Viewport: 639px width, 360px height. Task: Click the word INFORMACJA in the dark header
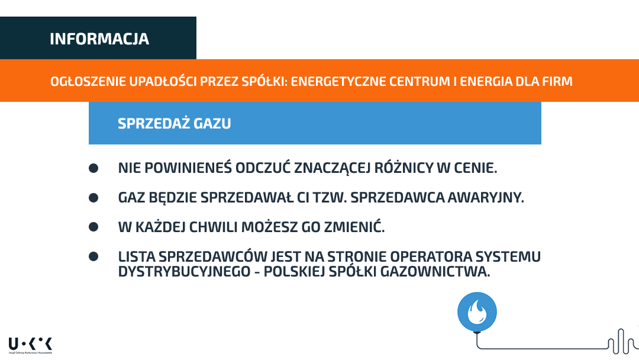(x=99, y=38)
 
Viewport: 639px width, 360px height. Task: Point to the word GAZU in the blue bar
(x=212, y=124)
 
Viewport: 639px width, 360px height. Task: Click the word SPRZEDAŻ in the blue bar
(x=154, y=123)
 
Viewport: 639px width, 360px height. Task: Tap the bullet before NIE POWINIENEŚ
(x=93, y=168)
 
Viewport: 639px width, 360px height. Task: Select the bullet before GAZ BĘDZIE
(x=93, y=198)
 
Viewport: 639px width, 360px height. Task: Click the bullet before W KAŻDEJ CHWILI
(x=93, y=227)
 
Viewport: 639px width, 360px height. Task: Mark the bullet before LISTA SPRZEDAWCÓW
(x=93, y=256)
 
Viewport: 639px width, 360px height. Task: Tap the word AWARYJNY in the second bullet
(x=486, y=198)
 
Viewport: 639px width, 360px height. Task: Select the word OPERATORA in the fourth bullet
(x=431, y=257)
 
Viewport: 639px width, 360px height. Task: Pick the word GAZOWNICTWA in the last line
(x=435, y=272)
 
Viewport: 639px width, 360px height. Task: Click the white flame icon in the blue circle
(x=477, y=311)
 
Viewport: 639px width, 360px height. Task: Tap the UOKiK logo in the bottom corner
(x=30, y=345)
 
